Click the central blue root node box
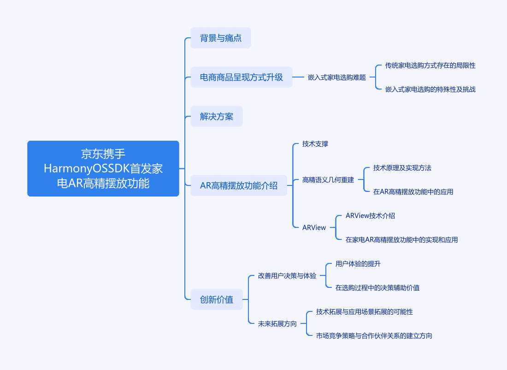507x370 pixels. click(x=103, y=168)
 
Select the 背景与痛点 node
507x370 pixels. click(x=220, y=38)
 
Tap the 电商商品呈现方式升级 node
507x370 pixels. click(x=241, y=77)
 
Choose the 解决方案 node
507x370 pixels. click(x=216, y=116)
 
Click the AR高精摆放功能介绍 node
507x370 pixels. click(x=239, y=185)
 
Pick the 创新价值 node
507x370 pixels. click(x=216, y=299)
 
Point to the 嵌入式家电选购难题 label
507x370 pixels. click(x=336, y=78)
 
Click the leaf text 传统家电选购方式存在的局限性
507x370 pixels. click(x=430, y=66)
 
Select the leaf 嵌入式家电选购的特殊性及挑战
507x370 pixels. click(x=430, y=90)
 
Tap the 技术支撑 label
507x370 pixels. click(x=315, y=144)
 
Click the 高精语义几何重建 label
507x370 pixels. click(x=328, y=179)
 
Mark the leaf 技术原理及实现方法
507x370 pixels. click(x=402, y=167)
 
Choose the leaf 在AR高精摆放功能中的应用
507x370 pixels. click(x=413, y=191)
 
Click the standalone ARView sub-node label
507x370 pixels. click(x=314, y=227)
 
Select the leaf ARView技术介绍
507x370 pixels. click(x=370, y=215)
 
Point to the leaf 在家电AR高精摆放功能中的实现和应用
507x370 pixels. click(x=401, y=239)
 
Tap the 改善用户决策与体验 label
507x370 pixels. click(x=287, y=275)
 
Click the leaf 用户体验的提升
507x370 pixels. click(x=358, y=263)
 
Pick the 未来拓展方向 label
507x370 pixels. click(x=277, y=323)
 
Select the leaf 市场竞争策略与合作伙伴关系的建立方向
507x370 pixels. click(x=374, y=336)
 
